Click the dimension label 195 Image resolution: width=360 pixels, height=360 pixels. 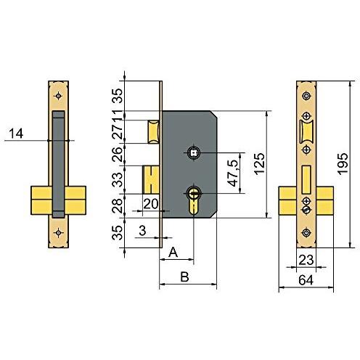click(343, 164)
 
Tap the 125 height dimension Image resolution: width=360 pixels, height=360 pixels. click(260, 163)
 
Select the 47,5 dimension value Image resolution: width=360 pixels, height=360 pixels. click(233, 173)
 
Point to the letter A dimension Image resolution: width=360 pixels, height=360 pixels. click(173, 252)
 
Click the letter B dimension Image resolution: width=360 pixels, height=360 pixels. click(184, 277)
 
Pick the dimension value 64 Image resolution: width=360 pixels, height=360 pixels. click(306, 280)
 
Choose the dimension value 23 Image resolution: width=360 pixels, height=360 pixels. click(306, 260)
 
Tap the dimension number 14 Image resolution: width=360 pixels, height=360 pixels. click(16, 134)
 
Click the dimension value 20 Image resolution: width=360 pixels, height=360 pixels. click(151, 204)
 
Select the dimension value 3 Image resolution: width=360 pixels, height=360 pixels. click(142, 231)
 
